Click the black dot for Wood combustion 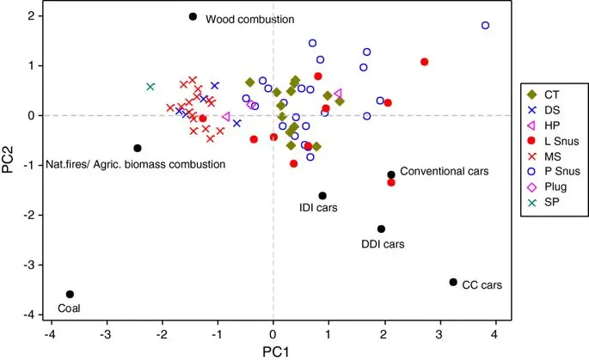[193, 16]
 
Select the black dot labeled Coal [70, 294]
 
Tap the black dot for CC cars [453, 282]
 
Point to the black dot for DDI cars [381, 229]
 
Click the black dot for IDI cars [322, 196]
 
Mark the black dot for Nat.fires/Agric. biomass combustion [137, 148]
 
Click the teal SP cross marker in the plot [150, 87]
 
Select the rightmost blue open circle [485, 26]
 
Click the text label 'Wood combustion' [250, 19]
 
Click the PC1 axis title [273, 351]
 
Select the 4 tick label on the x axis [496, 332]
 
